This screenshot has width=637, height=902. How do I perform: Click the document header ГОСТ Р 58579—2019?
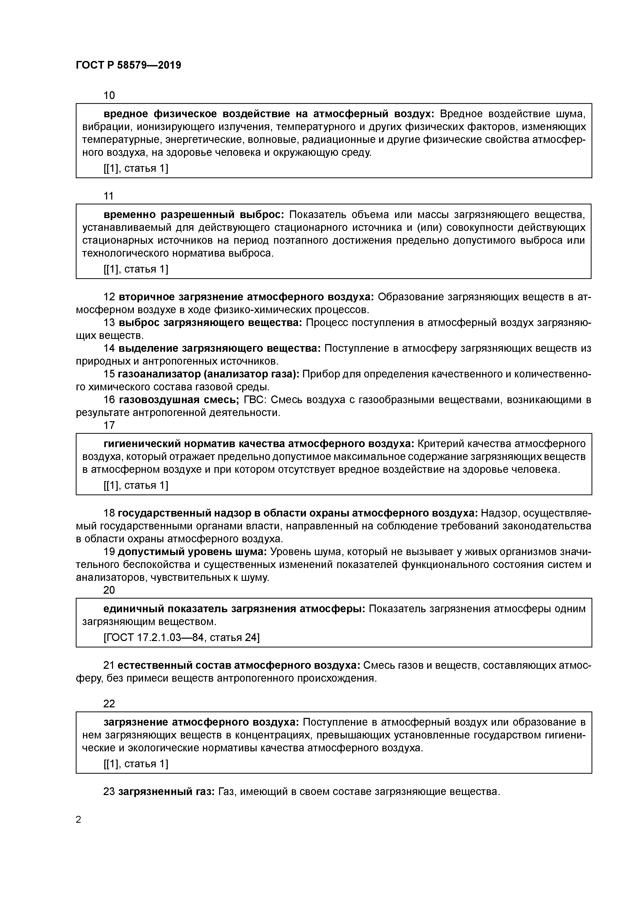coord(128,65)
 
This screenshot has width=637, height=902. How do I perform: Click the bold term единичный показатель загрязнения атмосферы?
coord(234,609)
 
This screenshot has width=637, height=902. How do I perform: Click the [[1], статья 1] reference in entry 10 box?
coord(136,168)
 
